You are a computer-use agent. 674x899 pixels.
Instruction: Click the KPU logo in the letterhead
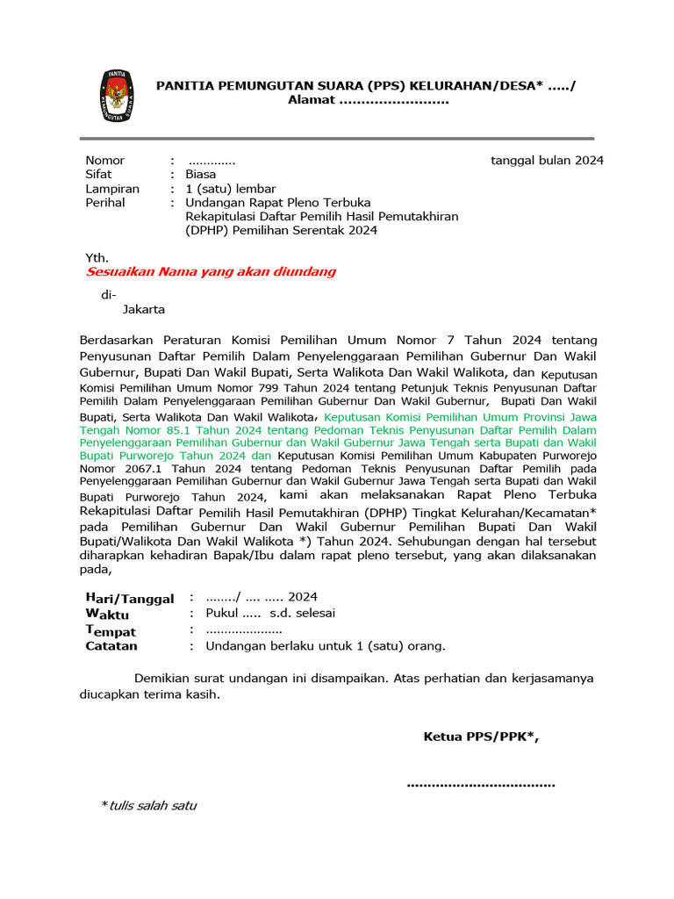pyautogui.click(x=116, y=95)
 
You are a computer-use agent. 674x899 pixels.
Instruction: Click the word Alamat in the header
pyautogui.click(x=312, y=100)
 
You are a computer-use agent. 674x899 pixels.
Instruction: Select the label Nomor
pyautogui.click(x=104, y=161)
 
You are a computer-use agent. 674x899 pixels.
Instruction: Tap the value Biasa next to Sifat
pyautogui.click(x=200, y=175)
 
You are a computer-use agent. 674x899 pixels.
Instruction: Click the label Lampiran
pyautogui.click(x=111, y=189)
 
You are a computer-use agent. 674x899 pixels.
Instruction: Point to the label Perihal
pyautogui.click(x=104, y=203)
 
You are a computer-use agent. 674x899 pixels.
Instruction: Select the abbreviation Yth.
pyautogui.click(x=97, y=258)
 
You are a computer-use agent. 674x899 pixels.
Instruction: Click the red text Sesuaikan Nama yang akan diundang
pyautogui.click(x=211, y=272)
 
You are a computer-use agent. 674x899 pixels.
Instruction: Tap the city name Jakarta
pyautogui.click(x=143, y=309)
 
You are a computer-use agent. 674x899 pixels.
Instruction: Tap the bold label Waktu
pyautogui.click(x=106, y=615)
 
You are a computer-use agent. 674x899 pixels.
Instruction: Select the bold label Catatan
pyautogui.click(x=111, y=646)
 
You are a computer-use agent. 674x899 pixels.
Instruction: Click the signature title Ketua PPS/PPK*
pyautogui.click(x=481, y=737)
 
